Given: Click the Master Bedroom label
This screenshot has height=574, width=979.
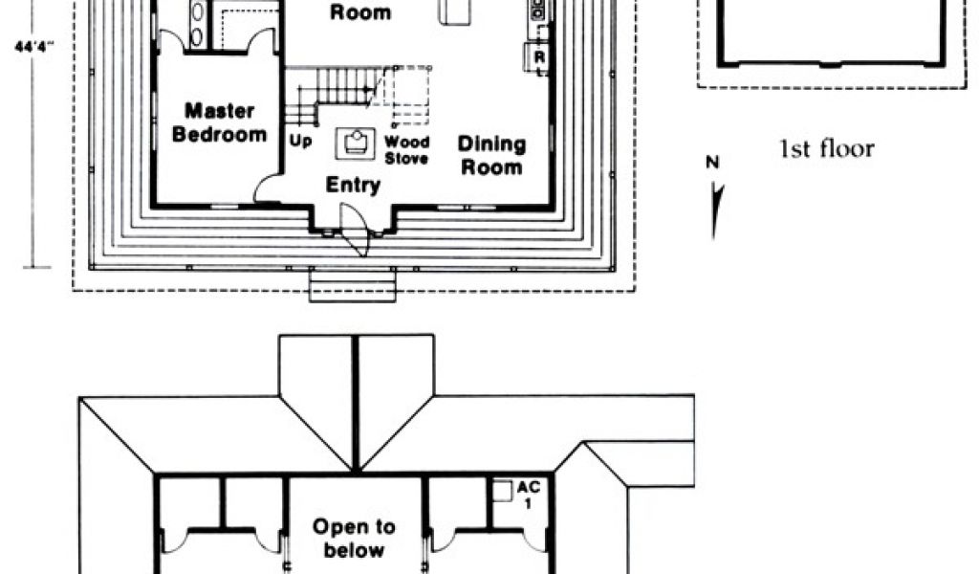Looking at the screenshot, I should [x=219, y=122].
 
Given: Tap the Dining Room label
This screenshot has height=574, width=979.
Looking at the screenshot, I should [x=491, y=155].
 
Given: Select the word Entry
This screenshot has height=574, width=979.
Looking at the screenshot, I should [x=353, y=185].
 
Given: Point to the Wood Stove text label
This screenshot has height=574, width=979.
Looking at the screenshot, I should [x=406, y=150].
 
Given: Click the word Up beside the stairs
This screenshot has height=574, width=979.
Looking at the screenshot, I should [x=300, y=141].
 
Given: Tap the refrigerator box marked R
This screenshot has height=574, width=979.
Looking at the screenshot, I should [x=539, y=58].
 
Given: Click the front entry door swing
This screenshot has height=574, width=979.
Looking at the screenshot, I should [x=356, y=239].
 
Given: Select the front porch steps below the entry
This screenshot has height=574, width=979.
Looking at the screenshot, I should [x=353, y=285].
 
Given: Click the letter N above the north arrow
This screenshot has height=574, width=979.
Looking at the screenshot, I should [x=712, y=163].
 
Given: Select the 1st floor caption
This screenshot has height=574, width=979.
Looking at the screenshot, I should [x=827, y=148].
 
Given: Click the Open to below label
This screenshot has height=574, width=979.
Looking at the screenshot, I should [x=355, y=538].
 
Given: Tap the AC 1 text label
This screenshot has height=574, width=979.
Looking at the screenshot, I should [x=529, y=495].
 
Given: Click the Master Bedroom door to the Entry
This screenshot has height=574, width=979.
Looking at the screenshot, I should [x=268, y=189].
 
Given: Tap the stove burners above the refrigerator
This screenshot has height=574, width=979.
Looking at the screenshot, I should [x=538, y=11].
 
